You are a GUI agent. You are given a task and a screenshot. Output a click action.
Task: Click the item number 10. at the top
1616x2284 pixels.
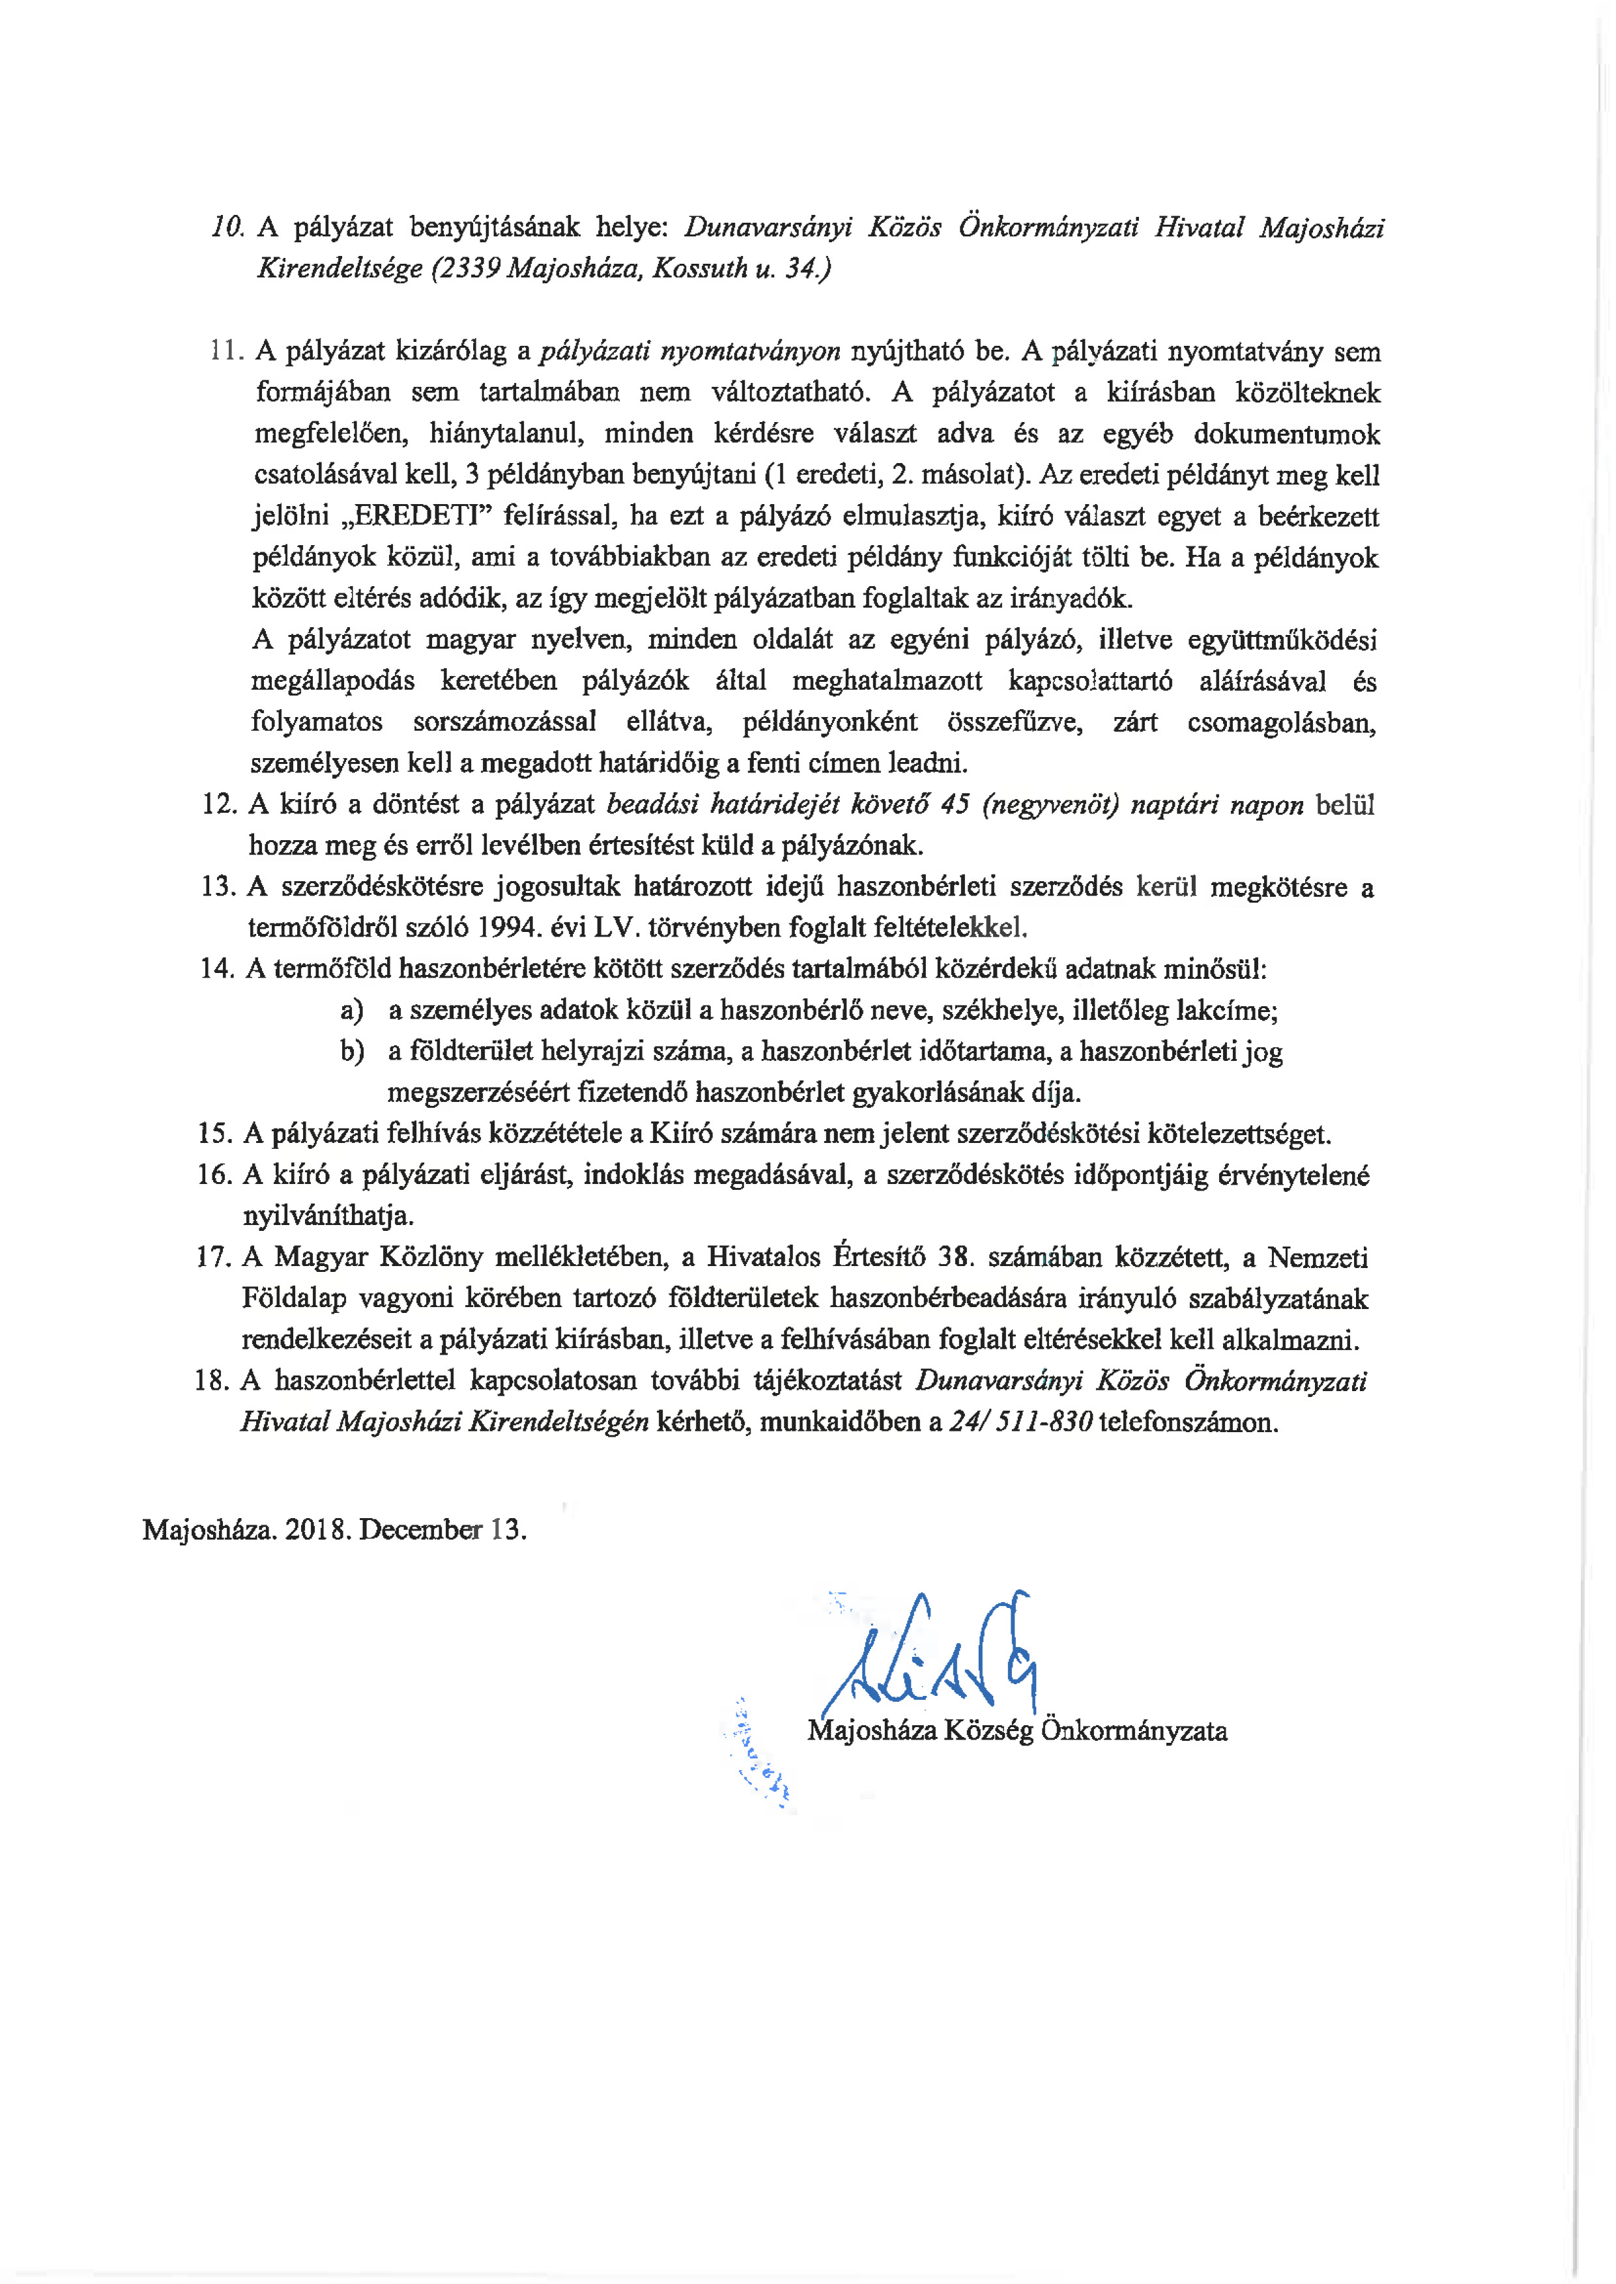[228, 228]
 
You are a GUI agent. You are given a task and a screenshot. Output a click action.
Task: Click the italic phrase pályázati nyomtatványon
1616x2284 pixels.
[689, 351]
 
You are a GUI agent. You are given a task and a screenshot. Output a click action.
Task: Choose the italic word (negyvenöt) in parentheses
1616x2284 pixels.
[1050, 805]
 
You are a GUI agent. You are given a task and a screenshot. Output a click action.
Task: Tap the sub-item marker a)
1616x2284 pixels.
[351, 1011]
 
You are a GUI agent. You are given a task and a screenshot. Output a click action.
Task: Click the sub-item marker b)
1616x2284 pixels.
[351, 1052]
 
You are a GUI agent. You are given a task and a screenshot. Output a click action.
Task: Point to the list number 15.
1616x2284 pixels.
[215, 1134]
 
